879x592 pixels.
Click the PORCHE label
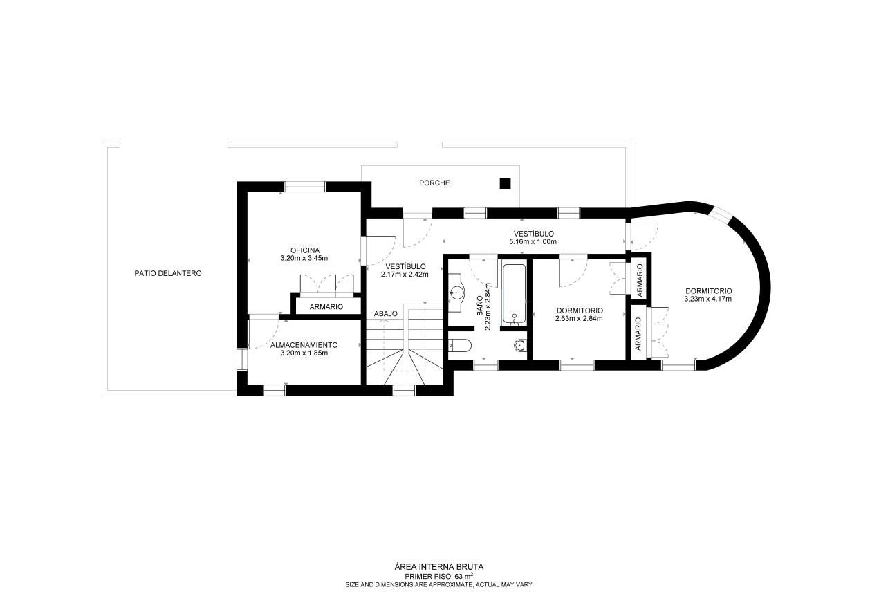coord(434,183)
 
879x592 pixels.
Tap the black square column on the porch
coord(505,183)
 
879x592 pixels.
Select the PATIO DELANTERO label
coord(168,273)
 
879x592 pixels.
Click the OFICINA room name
coord(305,250)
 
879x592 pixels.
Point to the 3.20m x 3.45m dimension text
coord(304,258)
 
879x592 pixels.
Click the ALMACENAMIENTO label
coord(304,345)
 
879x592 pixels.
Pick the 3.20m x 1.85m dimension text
coord(304,353)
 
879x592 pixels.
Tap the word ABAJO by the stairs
coord(386,314)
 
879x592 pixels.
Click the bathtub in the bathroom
coord(514,295)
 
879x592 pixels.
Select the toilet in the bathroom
coord(459,346)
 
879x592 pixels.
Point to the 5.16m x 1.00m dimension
coord(533,242)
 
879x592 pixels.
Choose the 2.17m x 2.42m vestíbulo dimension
coord(405,275)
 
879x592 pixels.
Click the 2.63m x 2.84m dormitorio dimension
coord(579,319)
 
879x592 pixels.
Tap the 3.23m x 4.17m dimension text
coord(708,299)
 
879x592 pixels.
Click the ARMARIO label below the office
coord(326,307)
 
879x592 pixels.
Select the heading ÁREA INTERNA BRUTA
coord(438,567)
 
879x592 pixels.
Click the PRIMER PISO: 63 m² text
coord(438,576)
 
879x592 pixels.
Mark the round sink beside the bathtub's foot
coord(520,346)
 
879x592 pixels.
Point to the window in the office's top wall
coord(305,187)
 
